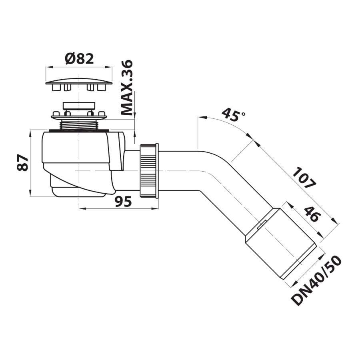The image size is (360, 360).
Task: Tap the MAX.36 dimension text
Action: tap(127, 88)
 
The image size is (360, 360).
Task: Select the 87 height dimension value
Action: tap(23, 163)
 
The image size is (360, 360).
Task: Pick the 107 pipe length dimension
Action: tap(304, 178)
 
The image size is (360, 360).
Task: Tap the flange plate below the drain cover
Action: tap(79, 116)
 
